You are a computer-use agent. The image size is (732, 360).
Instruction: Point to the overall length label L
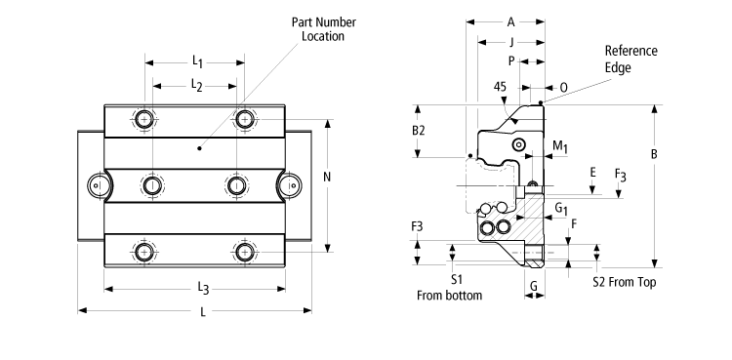click(x=202, y=312)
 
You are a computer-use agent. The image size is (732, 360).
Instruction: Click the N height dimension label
click(x=326, y=178)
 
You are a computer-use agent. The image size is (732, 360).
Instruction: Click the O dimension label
click(x=563, y=86)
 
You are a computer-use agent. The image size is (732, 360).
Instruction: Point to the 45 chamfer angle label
click(x=501, y=86)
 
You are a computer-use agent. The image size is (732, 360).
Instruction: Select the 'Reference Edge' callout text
click(x=630, y=59)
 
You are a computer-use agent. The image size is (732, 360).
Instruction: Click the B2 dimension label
click(x=418, y=130)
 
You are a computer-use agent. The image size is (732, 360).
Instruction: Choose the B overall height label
click(x=654, y=154)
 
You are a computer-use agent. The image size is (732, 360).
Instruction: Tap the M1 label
click(x=559, y=146)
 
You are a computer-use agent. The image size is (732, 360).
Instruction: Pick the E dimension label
click(x=592, y=172)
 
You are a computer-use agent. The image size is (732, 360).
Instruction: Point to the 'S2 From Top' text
click(x=625, y=281)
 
